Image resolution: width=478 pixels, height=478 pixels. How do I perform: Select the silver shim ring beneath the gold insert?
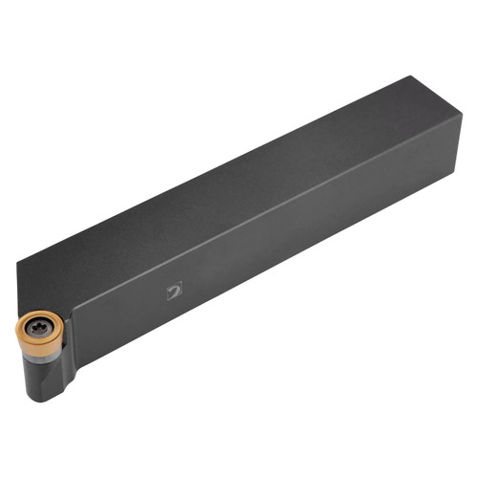[42, 353]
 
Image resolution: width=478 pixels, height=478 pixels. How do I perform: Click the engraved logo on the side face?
[174, 291]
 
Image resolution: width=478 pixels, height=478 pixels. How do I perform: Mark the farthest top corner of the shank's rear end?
[413, 76]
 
